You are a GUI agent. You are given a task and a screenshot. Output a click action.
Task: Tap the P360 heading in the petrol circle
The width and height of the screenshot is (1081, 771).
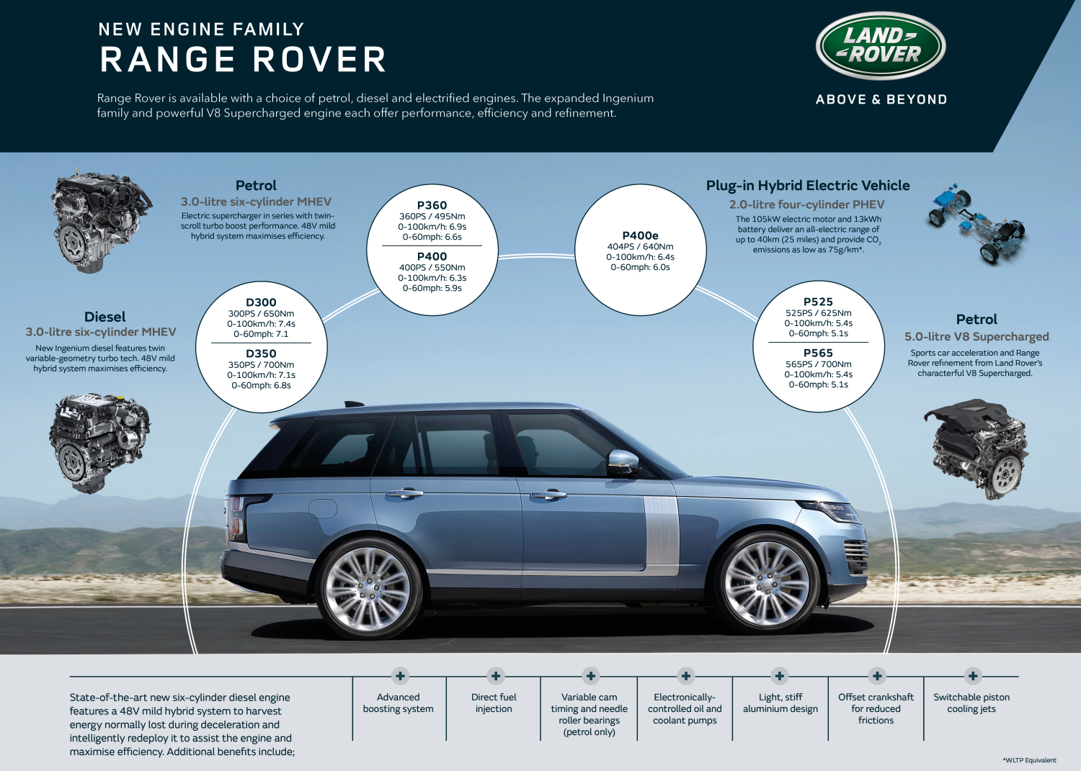pyautogui.click(x=432, y=205)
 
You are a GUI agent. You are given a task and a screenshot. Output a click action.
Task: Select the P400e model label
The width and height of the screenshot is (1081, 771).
pyautogui.click(x=640, y=235)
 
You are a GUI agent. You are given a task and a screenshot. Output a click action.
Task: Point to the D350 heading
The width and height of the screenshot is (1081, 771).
pyautogui.click(x=261, y=353)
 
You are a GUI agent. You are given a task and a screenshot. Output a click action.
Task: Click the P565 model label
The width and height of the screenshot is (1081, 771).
pyautogui.click(x=818, y=353)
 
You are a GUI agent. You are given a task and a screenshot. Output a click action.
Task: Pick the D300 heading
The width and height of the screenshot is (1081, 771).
pyautogui.click(x=261, y=302)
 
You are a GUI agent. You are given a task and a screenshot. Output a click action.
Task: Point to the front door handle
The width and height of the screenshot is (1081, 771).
pyautogui.click(x=548, y=495)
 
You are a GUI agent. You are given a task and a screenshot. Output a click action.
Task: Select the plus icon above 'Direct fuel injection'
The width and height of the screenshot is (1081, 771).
pyautogui.click(x=495, y=675)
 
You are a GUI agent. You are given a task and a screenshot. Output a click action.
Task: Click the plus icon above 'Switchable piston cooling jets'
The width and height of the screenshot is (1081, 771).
pyautogui.click(x=972, y=675)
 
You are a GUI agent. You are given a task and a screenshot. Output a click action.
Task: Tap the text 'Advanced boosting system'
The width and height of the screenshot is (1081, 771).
pyautogui.click(x=398, y=703)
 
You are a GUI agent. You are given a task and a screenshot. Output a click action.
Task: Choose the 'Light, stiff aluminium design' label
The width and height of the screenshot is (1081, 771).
pyautogui.click(x=780, y=703)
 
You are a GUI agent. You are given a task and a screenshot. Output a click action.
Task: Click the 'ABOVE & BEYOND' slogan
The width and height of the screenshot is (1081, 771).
pyautogui.click(x=881, y=99)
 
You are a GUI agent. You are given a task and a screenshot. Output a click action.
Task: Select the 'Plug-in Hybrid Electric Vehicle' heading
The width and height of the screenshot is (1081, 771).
pyautogui.click(x=808, y=186)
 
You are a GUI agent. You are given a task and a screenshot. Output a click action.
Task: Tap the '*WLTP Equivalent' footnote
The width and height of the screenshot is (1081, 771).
pyautogui.click(x=1029, y=760)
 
